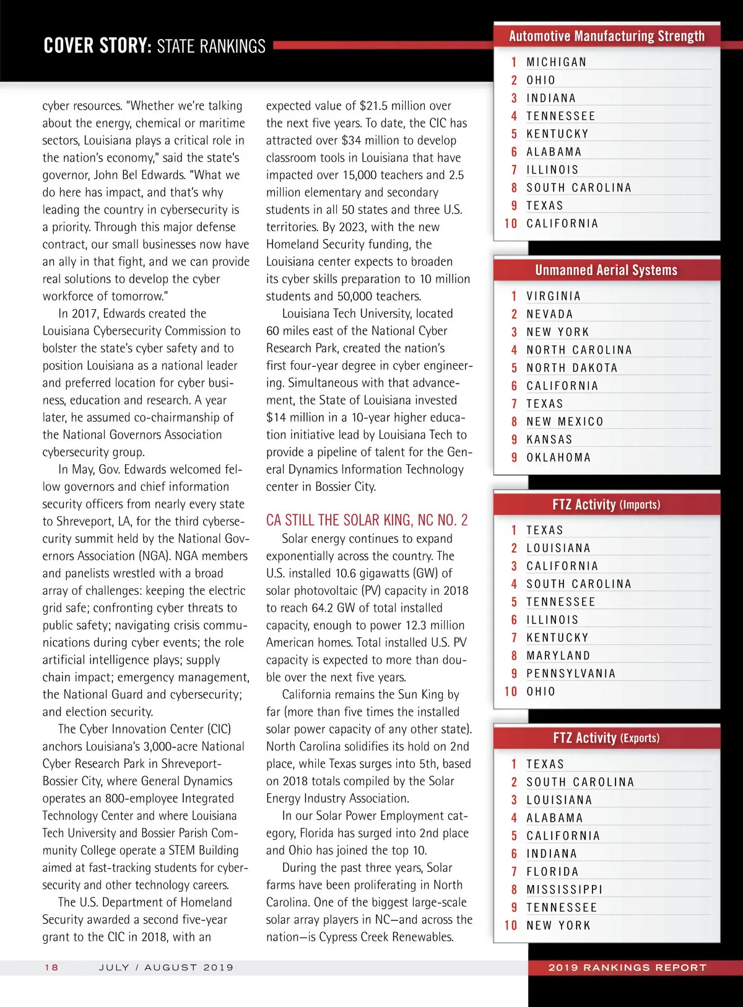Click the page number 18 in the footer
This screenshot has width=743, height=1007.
point(51,967)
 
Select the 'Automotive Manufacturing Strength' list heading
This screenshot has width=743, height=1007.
point(606,36)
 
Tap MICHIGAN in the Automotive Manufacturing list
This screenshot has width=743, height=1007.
point(556,62)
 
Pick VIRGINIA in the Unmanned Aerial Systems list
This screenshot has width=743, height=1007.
point(554,296)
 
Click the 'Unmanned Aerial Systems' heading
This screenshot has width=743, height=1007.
point(606,270)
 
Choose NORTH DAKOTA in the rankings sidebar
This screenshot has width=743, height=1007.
point(571,368)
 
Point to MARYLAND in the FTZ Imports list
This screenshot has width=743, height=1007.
point(558,656)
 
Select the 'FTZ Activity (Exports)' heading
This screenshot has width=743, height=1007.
point(606,738)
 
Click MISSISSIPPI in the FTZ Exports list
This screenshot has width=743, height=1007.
point(564,890)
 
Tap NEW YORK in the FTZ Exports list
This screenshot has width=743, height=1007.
point(558,926)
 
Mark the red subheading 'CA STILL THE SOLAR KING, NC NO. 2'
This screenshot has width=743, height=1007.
point(367,520)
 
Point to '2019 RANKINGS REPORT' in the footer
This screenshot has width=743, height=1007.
point(627,967)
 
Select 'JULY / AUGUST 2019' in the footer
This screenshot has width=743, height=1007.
point(166,967)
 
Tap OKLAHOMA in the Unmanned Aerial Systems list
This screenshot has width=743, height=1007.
point(558,458)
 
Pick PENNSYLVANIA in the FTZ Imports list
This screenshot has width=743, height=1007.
point(571,674)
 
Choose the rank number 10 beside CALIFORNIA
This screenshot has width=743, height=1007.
point(511,224)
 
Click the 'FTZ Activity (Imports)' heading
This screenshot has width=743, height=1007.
point(606,504)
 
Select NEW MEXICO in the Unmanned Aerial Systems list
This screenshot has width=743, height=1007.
point(565,422)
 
